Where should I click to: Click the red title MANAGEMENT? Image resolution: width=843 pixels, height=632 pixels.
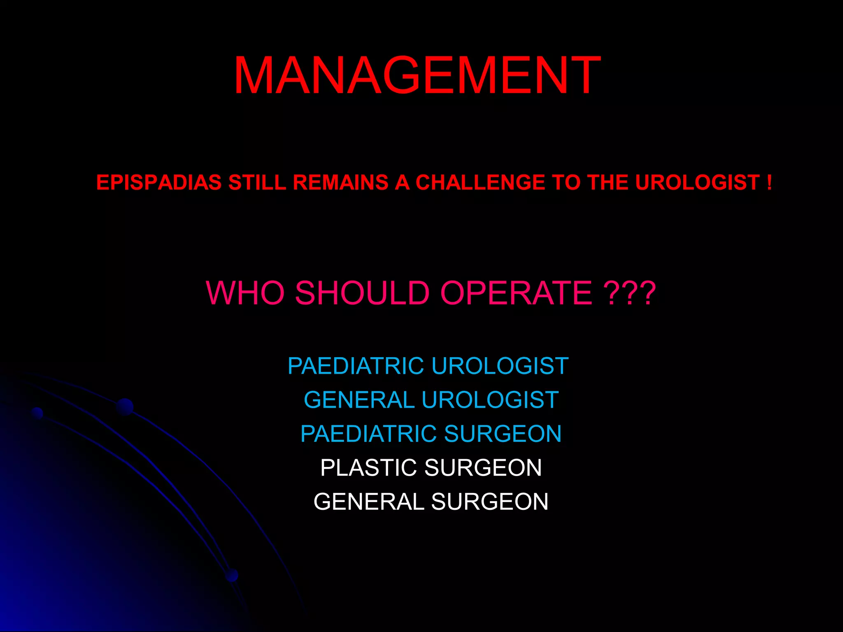pyautogui.click(x=417, y=76)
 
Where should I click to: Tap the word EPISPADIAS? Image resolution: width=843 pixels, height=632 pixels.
pyautogui.click(x=159, y=183)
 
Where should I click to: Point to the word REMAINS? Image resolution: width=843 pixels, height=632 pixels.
pyautogui.click(x=340, y=183)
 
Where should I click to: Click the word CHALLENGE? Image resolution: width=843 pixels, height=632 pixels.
pyautogui.click(x=480, y=183)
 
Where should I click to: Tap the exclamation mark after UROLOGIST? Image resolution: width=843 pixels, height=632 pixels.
pyautogui.click(x=769, y=183)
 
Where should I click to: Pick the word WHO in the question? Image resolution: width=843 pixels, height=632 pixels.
pyautogui.click(x=245, y=293)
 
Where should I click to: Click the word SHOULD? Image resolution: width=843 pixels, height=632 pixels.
pyautogui.click(x=363, y=293)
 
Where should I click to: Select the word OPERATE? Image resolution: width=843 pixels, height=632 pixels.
pyautogui.click(x=516, y=293)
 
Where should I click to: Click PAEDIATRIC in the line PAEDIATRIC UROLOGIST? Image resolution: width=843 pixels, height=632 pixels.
pyautogui.click(x=356, y=366)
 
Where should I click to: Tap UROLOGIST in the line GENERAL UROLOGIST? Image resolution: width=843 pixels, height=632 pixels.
pyautogui.click(x=490, y=400)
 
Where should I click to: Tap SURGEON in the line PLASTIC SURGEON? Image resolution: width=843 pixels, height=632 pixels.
pyautogui.click(x=483, y=468)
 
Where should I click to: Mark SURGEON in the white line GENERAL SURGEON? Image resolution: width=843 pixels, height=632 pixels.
pyautogui.click(x=490, y=502)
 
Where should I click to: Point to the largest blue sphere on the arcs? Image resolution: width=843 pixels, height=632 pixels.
pyautogui.click(x=125, y=407)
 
